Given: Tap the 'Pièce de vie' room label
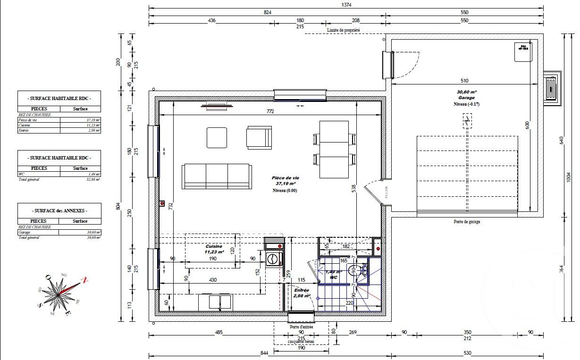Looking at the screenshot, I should pyautogui.click(x=286, y=178).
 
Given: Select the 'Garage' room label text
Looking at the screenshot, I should pyautogui.click(x=466, y=98).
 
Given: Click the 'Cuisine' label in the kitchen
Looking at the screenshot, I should pyautogui.click(x=214, y=247).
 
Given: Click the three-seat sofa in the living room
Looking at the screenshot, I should pyautogui.click(x=216, y=176).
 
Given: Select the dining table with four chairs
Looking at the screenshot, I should pyautogui.click(x=334, y=150).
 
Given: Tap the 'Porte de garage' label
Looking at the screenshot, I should pyautogui.click(x=466, y=221).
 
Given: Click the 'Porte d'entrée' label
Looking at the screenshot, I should pyautogui.click(x=302, y=327).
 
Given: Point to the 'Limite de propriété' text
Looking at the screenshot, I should pyautogui.click(x=343, y=30).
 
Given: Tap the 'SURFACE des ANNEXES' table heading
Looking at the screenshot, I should pyautogui.click(x=59, y=210).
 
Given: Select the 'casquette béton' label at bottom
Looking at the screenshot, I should pyautogui.click(x=301, y=341).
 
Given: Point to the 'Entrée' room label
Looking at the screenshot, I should pyautogui.click(x=301, y=290).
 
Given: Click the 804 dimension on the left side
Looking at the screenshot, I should pyautogui.click(x=118, y=206).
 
